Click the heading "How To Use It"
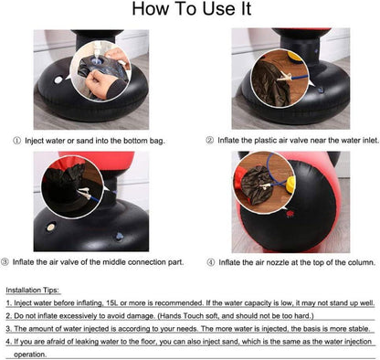pos(192,8)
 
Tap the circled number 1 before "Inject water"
pos(17,141)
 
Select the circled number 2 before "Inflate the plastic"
pos(209,141)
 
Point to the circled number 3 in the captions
pos(5,262)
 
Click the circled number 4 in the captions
pos(211,262)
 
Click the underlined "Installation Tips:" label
pos(33,291)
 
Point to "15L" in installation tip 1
pos(112,303)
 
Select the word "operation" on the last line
pos(29,355)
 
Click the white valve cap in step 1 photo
pos(58,80)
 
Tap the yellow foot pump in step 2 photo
pos(295,58)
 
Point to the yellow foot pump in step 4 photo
pos(290,185)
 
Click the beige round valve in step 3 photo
pos(50,228)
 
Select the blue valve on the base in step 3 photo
pos(119,237)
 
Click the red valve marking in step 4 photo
pos(290,214)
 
